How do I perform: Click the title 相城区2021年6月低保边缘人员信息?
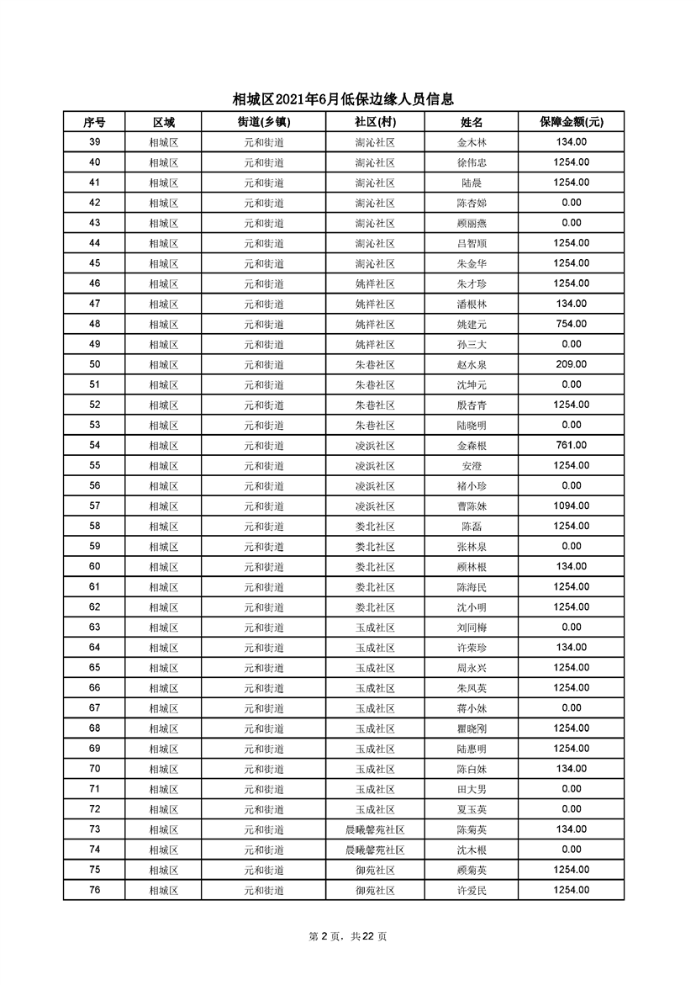pyautogui.click(x=347, y=99)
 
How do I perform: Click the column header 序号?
pyautogui.click(x=94, y=122)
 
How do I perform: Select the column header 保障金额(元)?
pyautogui.click(x=571, y=122)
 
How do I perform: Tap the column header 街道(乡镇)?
pyautogui.click(x=264, y=122)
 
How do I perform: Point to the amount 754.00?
pyautogui.click(x=571, y=324)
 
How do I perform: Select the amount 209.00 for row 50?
pyautogui.click(x=571, y=364)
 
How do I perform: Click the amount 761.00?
pyautogui.click(x=571, y=445)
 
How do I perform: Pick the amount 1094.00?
pyautogui.click(x=571, y=506)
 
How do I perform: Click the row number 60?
pyautogui.click(x=94, y=566)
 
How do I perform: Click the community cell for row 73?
pyautogui.click(x=375, y=829)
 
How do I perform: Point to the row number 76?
pyautogui.click(x=94, y=889)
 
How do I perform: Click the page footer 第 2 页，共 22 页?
pyautogui.click(x=347, y=936)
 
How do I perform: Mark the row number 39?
pyautogui.click(x=94, y=142)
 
